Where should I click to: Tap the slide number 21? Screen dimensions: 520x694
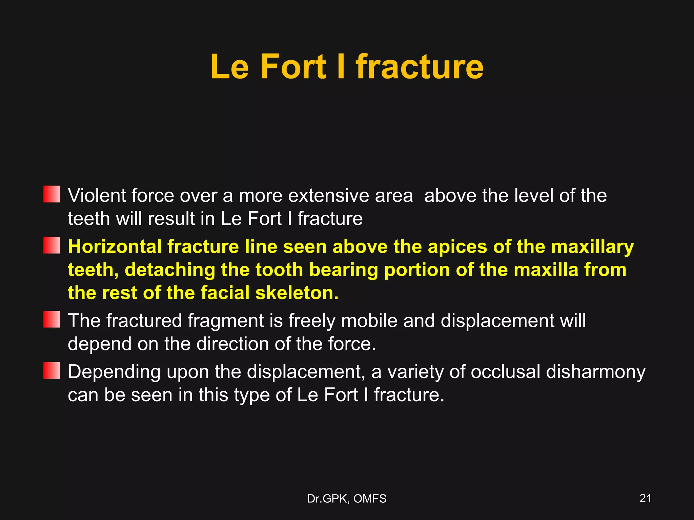[x=645, y=498]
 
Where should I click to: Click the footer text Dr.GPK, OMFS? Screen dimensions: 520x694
[x=347, y=499]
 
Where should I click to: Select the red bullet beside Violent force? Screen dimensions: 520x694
[x=52, y=194]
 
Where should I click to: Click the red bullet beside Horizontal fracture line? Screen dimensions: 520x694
[x=52, y=245]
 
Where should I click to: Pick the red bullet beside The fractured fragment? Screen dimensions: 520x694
[x=52, y=319]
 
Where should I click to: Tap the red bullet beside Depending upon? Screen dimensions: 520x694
[x=52, y=370]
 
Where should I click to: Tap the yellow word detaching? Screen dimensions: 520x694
[x=170, y=270]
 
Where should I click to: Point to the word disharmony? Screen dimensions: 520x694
[x=595, y=372]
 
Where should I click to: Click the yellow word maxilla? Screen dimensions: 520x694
[x=546, y=270]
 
